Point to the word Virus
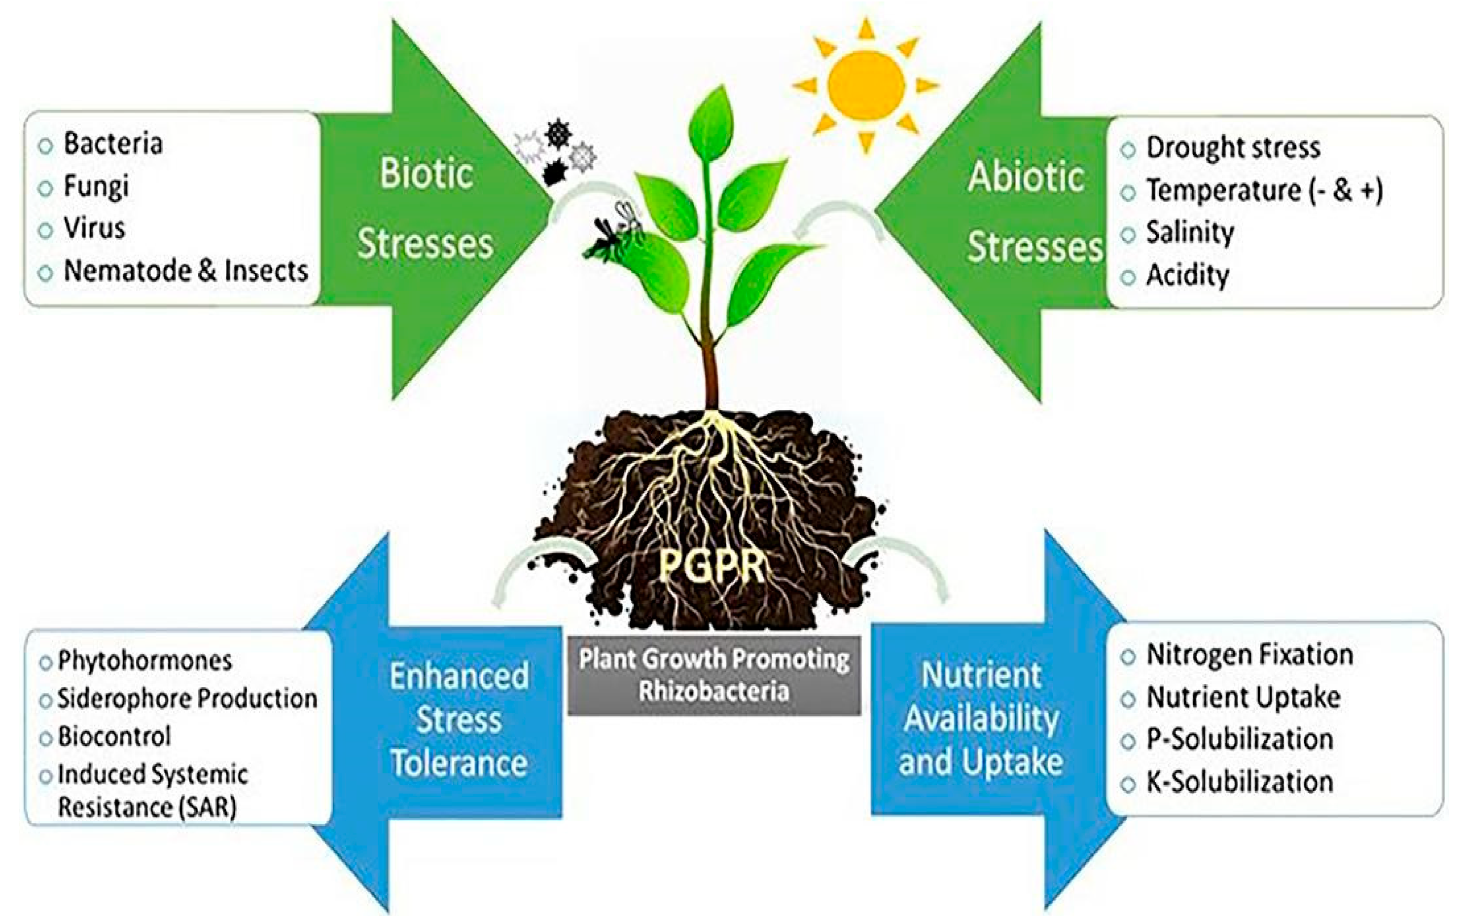[x=95, y=228]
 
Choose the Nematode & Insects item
[x=186, y=271]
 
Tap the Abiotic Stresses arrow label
[x=1033, y=212]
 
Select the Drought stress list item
[x=1232, y=148]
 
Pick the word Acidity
[x=1187, y=276]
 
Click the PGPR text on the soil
[x=712, y=566]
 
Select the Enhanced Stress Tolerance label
[x=459, y=719]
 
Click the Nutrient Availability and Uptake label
[x=981, y=719]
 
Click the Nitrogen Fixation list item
[x=1249, y=655]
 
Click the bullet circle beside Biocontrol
[x=46, y=738]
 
